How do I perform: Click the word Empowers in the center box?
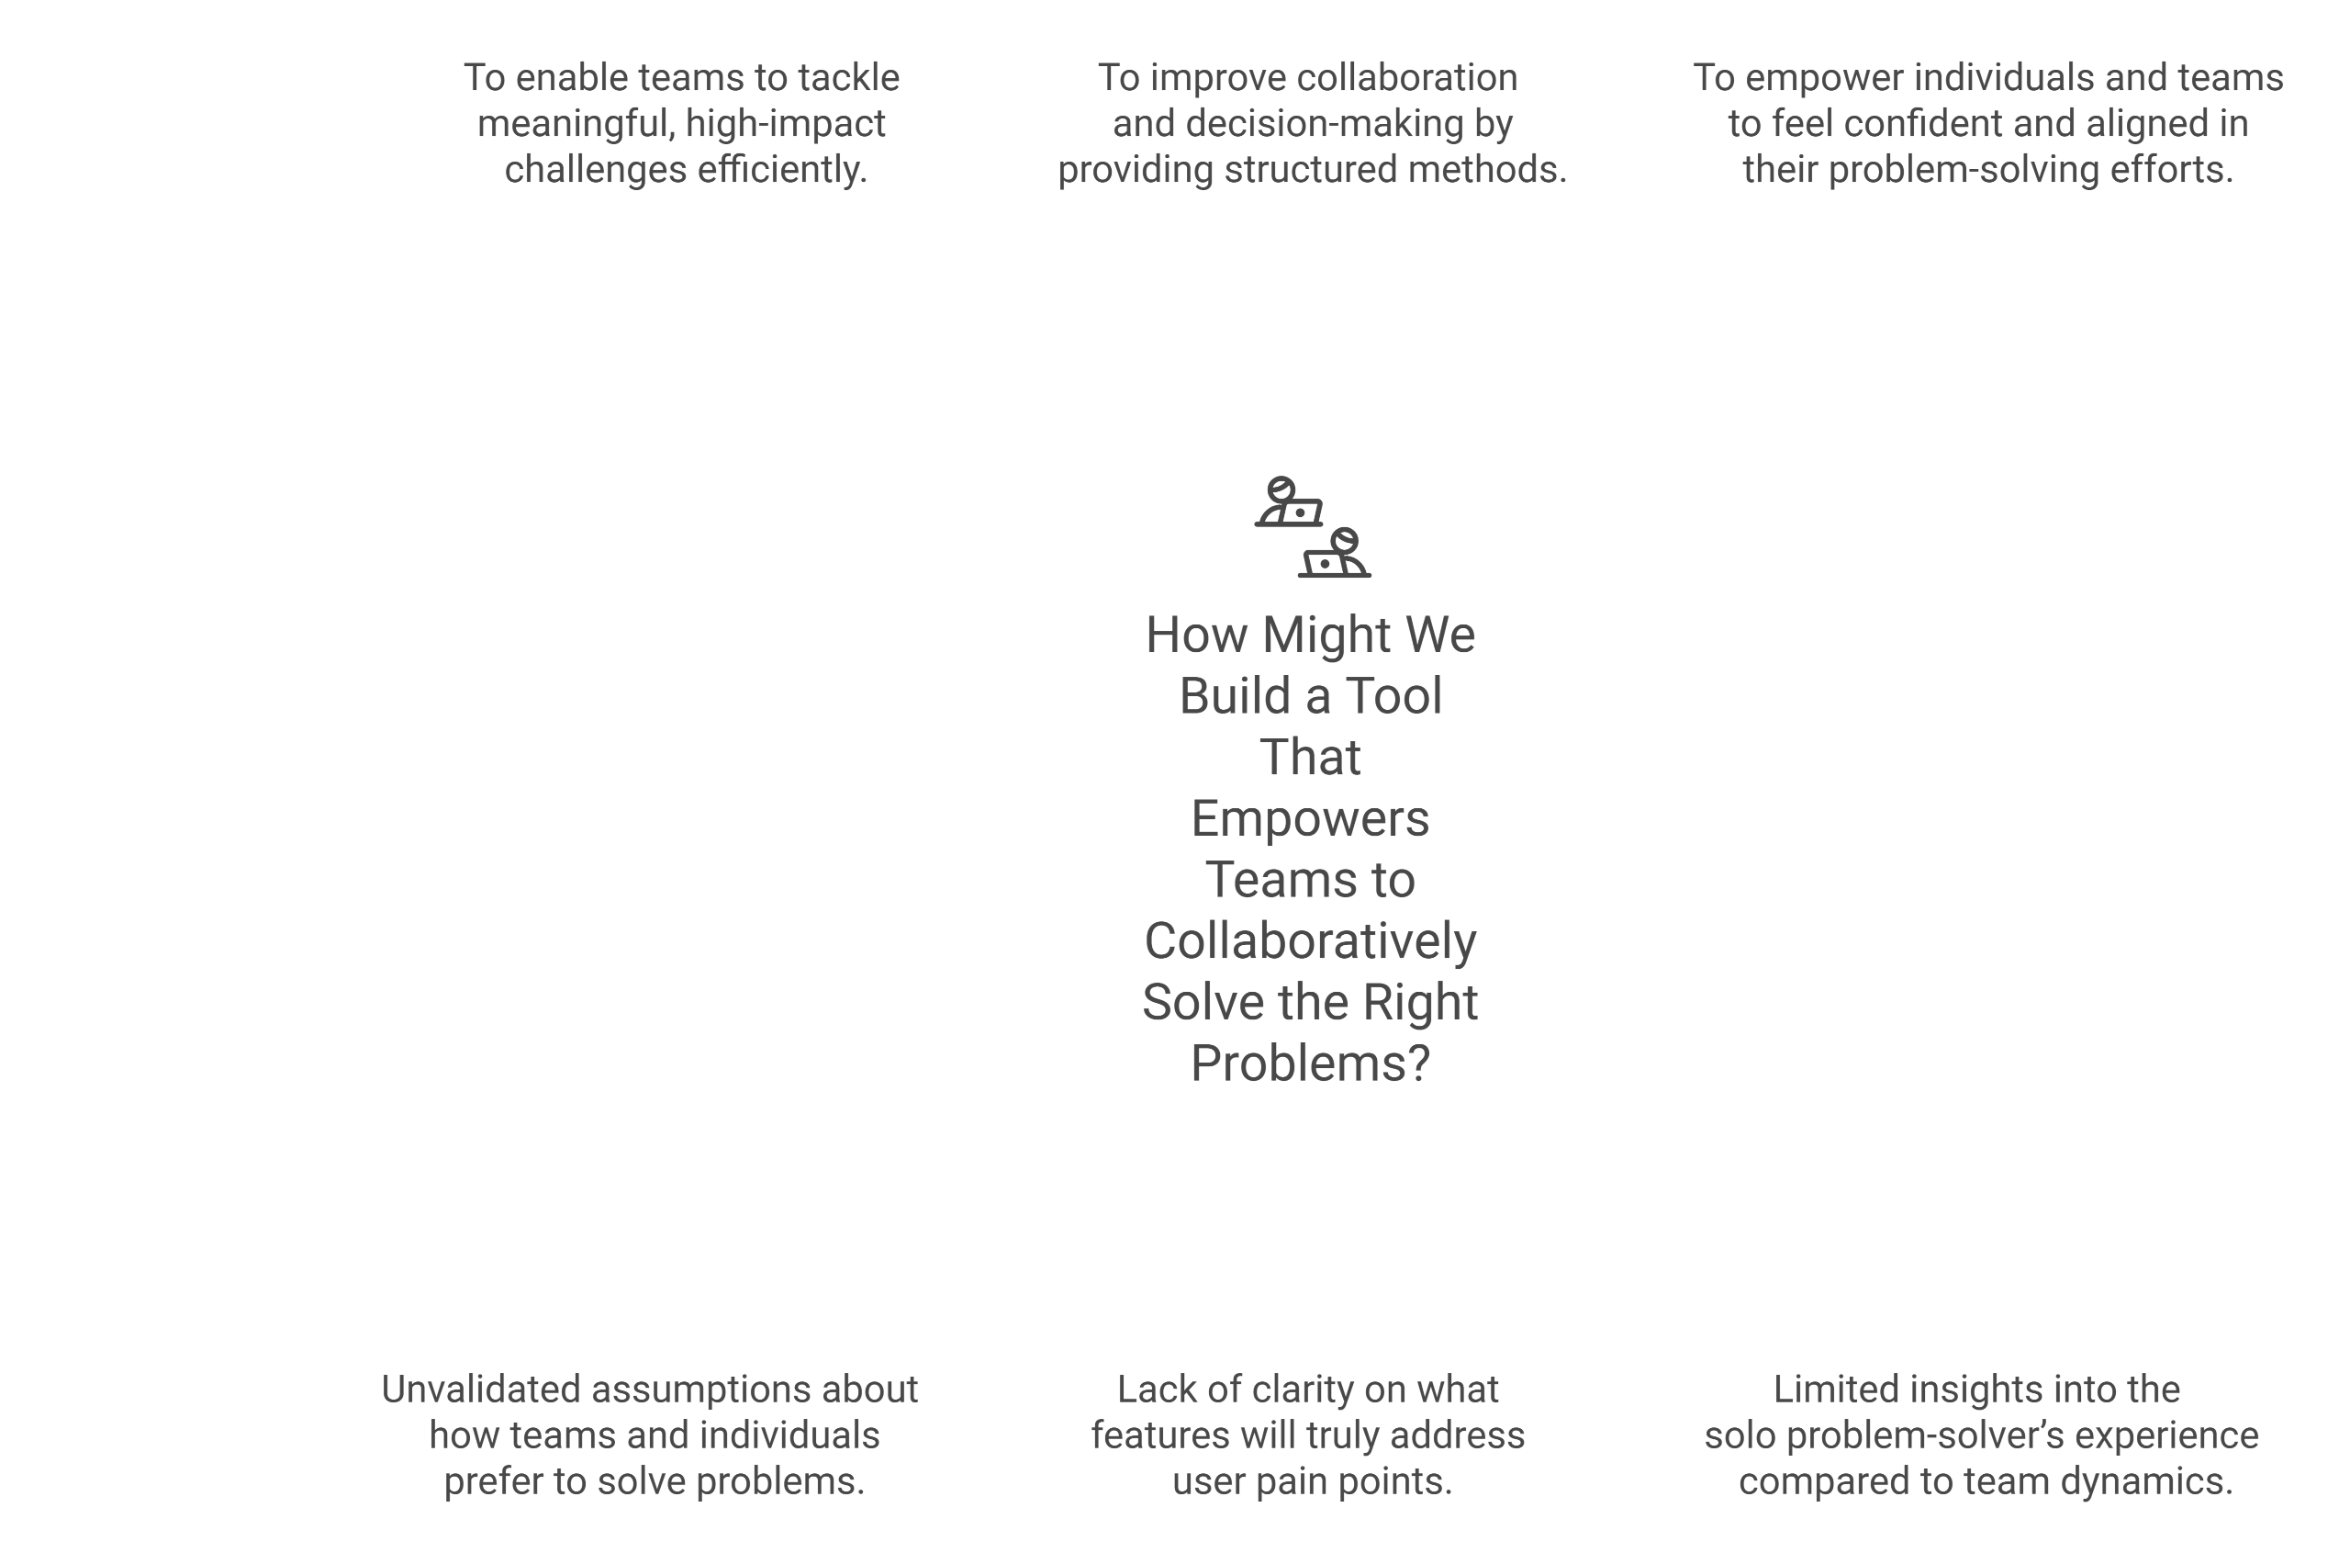pos(1310,819)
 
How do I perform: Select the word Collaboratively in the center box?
pos(1310,940)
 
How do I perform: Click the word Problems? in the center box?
pos(1310,1063)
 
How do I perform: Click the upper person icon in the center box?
pos(1287,501)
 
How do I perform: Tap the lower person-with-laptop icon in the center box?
pos(1335,554)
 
